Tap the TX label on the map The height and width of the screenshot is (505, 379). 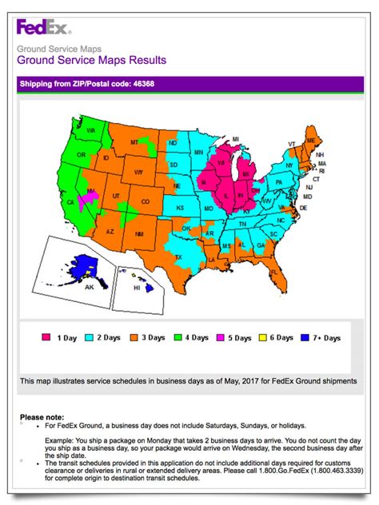pyautogui.click(x=179, y=257)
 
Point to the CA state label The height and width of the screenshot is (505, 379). pyautogui.click(x=70, y=204)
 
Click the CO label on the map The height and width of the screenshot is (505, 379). pyautogui.click(x=144, y=203)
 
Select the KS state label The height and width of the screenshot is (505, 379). pyautogui.click(x=180, y=208)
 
